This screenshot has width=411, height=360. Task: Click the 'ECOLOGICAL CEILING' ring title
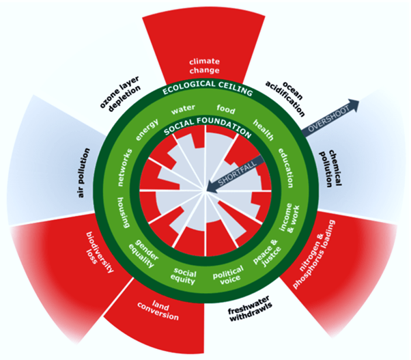point(205,91)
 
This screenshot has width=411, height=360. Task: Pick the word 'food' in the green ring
point(225,109)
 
